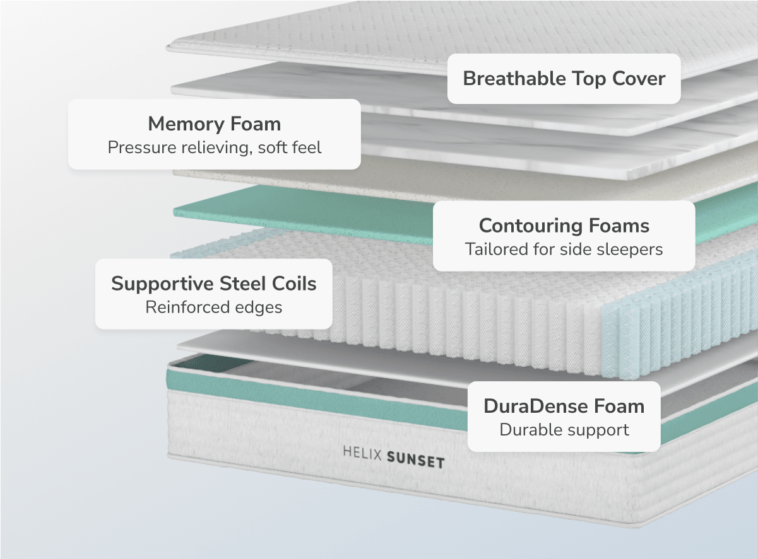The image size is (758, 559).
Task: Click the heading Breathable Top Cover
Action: (564, 79)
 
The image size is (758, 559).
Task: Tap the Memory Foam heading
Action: (214, 124)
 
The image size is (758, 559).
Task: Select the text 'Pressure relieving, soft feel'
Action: (214, 147)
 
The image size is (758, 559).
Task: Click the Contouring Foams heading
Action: (564, 225)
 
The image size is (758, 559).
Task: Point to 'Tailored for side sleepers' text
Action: (564, 249)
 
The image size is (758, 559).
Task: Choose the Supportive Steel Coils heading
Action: (214, 284)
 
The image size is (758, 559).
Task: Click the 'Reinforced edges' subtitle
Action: (214, 308)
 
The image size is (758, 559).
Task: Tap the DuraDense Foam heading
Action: (564, 406)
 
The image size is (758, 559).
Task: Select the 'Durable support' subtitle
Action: (564, 430)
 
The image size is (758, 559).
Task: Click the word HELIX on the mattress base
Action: (361, 453)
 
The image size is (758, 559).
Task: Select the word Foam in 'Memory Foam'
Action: (256, 124)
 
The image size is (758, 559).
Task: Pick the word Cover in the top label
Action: (639, 79)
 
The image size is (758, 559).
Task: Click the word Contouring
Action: (531, 225)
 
